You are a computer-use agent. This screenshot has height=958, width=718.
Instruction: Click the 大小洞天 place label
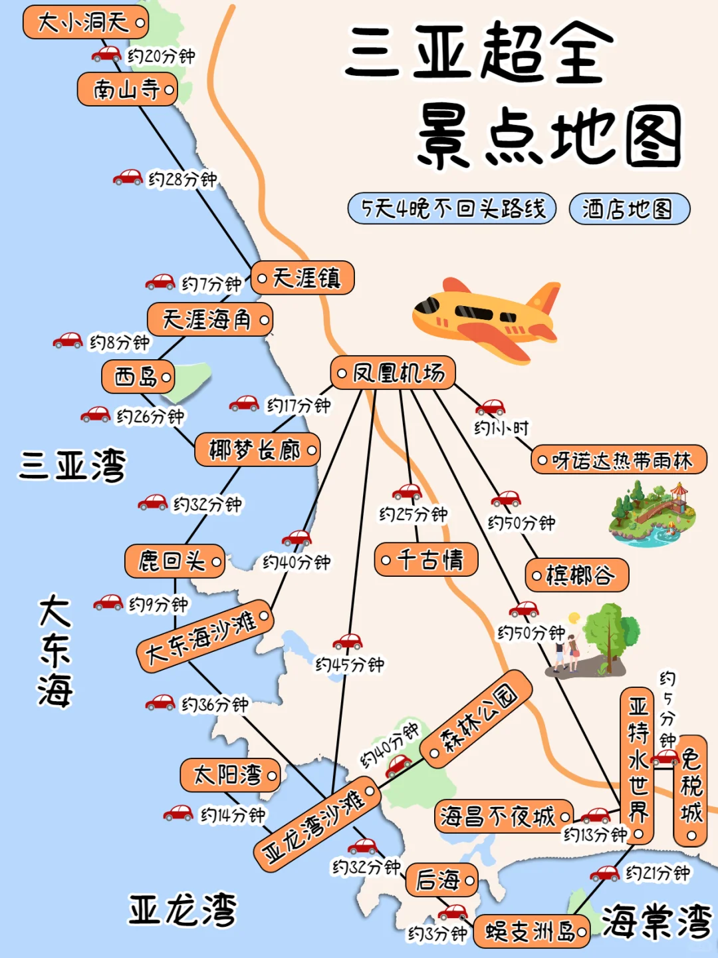pos(85,23)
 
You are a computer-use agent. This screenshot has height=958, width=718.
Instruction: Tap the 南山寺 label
pos(128,89)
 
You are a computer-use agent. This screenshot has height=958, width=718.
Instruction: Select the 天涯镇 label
pos(302,278)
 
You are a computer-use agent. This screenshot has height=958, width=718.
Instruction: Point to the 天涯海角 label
pos(209,320)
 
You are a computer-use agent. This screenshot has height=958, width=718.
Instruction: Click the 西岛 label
pos(138,377)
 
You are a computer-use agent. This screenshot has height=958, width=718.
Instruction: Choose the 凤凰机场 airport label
pos(393,373)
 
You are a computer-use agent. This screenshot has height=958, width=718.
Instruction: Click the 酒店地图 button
pos(629,210)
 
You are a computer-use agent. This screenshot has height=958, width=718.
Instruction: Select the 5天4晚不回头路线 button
pos(452,210)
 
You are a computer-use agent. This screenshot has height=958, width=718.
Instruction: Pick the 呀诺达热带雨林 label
pos(619,460)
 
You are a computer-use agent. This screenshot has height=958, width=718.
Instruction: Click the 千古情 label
pos(426,559)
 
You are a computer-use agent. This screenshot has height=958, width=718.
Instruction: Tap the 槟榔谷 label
pos(576,575)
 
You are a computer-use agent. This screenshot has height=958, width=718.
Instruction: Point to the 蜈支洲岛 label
pos(531,931)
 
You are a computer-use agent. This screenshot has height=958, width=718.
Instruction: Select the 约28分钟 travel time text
pos(182,180)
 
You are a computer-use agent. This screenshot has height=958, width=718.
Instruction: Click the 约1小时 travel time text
pos(501,428)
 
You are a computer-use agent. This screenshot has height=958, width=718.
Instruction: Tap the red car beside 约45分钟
pos(348,641)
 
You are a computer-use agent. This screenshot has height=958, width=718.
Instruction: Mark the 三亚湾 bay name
pos(72,465)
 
